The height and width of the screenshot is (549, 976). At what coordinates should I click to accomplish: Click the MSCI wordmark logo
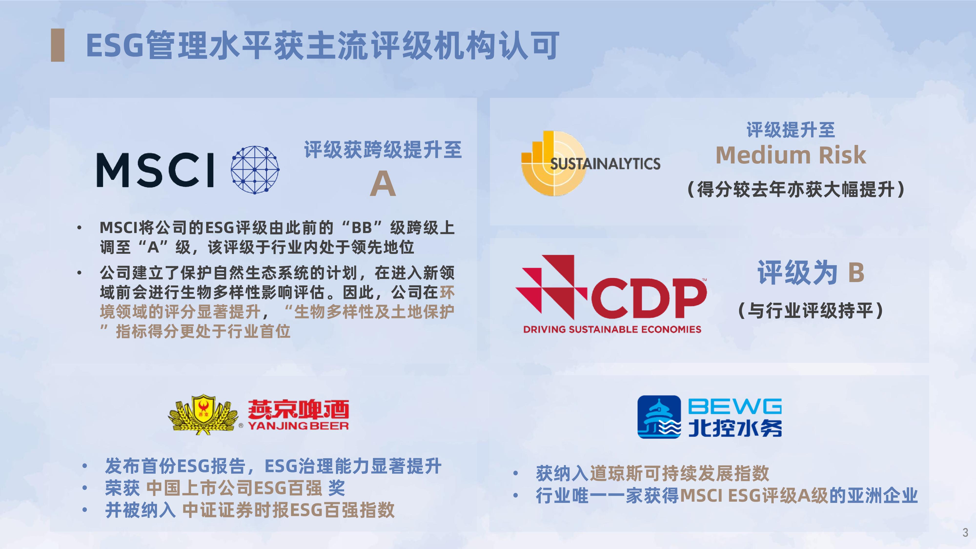(155, 170)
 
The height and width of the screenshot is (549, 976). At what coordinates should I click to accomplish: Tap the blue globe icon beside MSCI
(255, 170)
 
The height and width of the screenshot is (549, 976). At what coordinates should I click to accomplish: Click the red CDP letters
(648, 298)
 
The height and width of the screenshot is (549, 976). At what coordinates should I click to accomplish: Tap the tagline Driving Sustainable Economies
(612, 329)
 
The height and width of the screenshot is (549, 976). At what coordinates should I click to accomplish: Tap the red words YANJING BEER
(298, 426)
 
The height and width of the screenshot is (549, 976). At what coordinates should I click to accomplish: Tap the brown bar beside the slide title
(58, 45)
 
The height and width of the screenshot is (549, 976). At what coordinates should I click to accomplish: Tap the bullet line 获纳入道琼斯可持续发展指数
(652, 473)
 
